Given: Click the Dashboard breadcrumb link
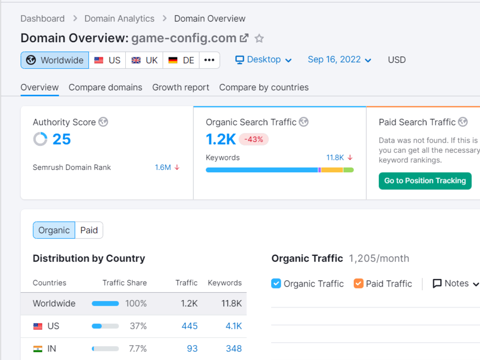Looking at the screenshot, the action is [43, 19].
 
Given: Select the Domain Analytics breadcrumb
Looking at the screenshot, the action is [120, 19].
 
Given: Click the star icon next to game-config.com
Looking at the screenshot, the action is [259, 38].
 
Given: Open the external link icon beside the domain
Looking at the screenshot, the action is [244, 38].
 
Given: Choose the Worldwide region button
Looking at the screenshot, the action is [55, 60].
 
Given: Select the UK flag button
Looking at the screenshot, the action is [144, 60].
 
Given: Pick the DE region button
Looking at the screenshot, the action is [181, 60].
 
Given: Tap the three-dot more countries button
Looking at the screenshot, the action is [209, 60].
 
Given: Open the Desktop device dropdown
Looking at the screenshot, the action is [264, 60].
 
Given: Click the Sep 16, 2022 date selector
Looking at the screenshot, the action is [339, 60].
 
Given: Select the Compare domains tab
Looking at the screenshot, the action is [105, 87].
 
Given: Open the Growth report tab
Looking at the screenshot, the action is [180, 87].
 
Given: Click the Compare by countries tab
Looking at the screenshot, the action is [264, 87].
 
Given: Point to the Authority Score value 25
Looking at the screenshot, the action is [61, 139].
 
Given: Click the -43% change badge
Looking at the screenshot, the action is [254, 139].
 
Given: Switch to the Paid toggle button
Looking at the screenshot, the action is [89, 230].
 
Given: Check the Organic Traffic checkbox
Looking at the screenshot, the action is [276, 284].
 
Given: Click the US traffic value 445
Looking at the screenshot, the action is [190, 326].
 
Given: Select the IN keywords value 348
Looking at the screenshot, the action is [234, 348].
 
